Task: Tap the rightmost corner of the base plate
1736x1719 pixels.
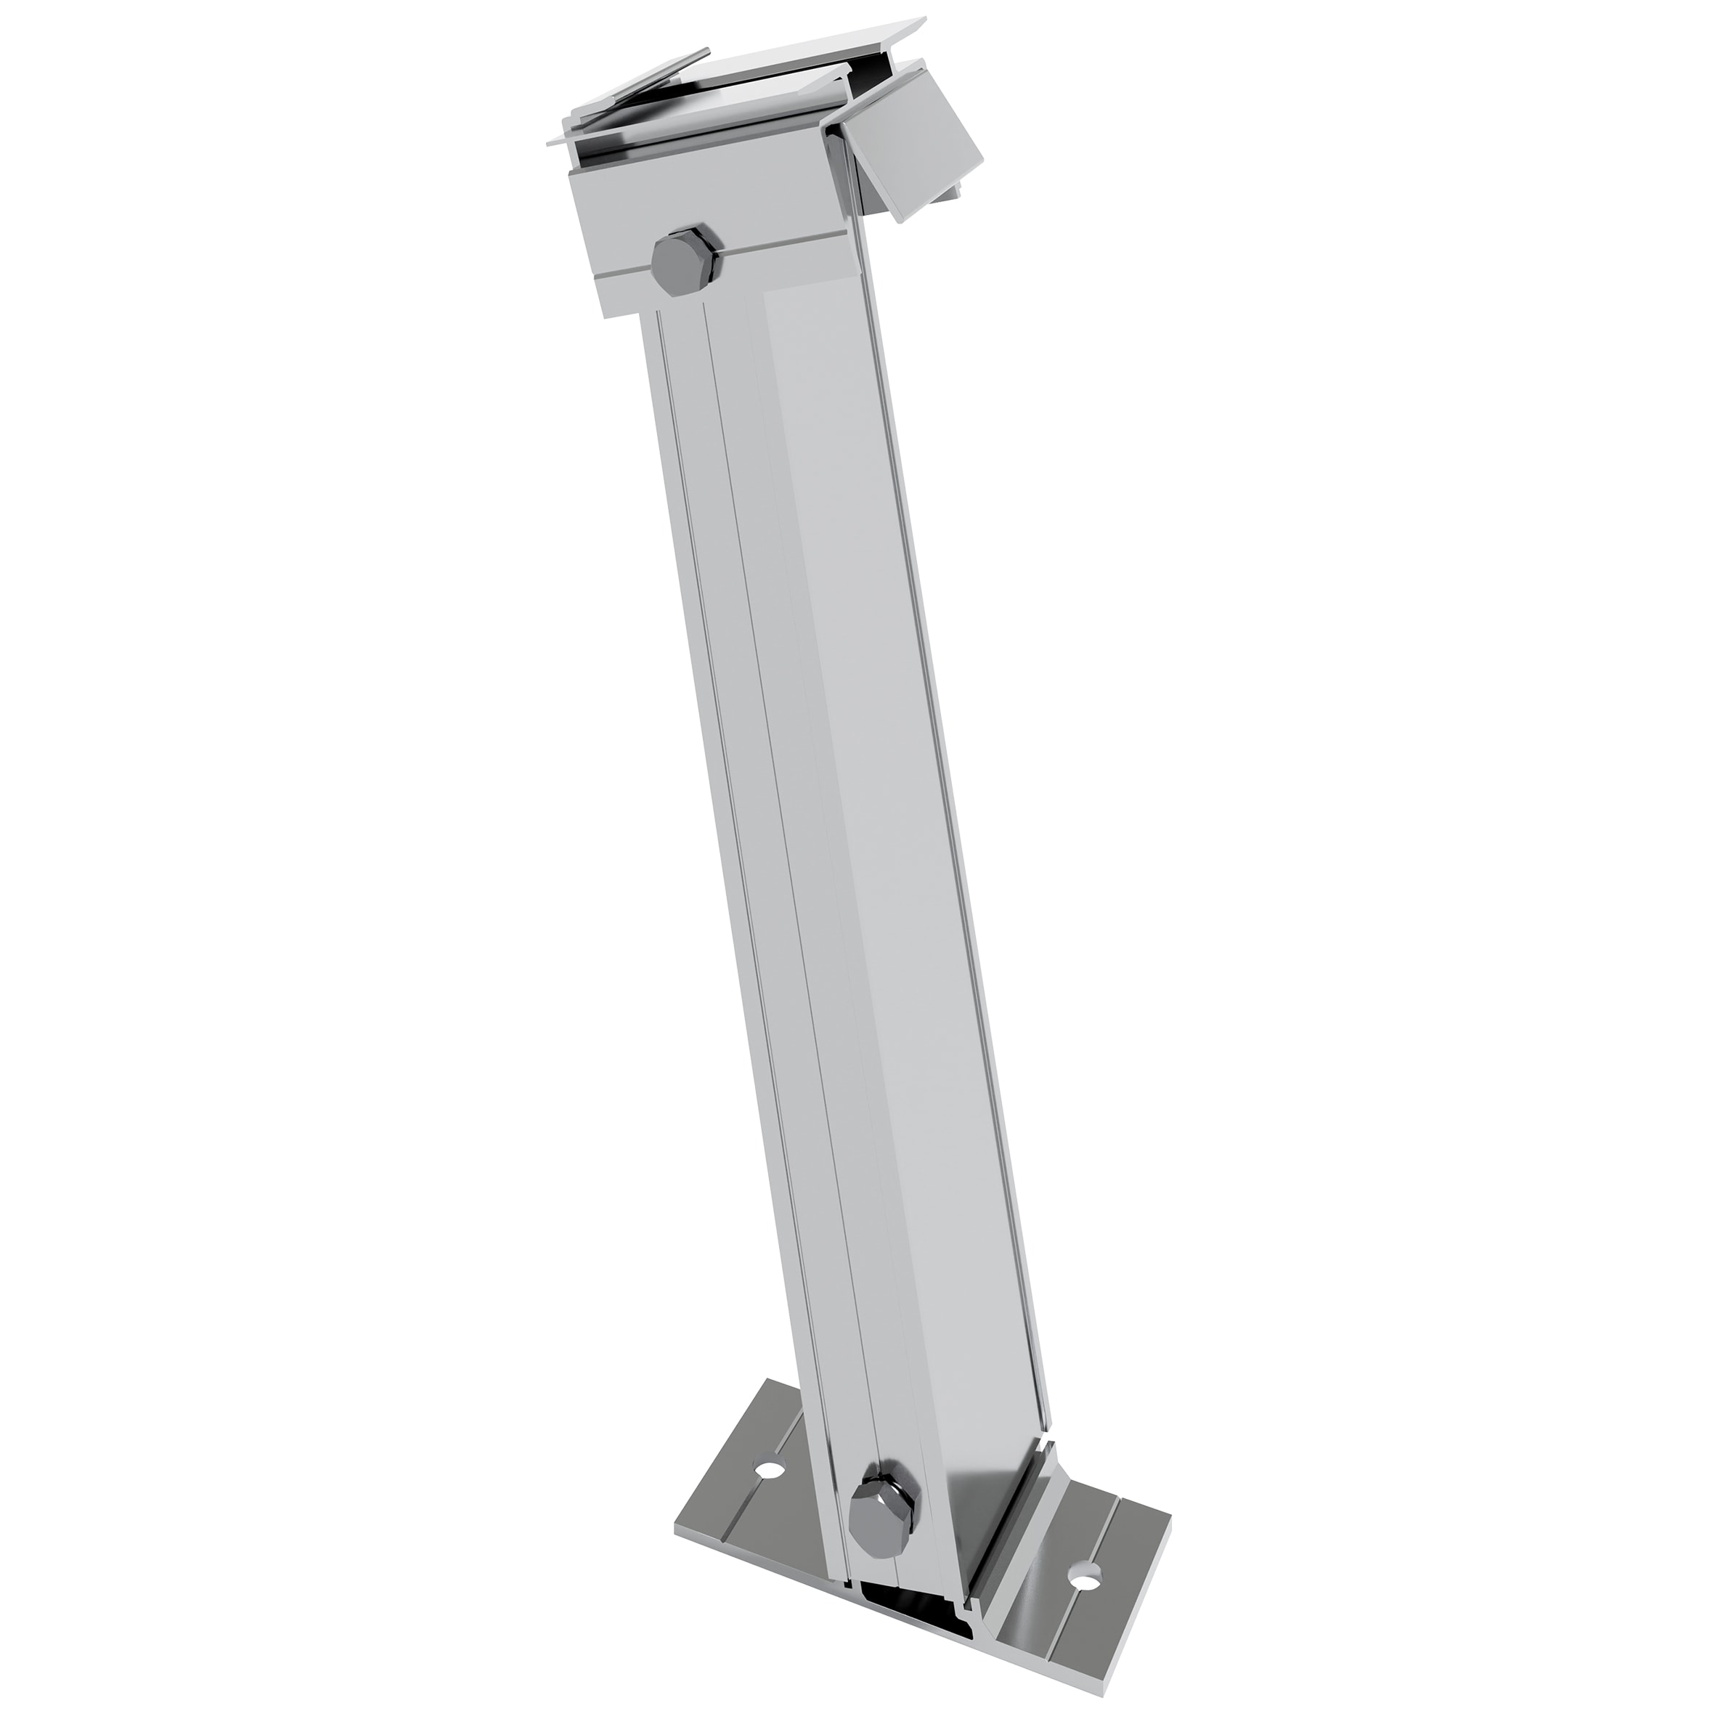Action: pyautogui.click(x=1172, y=1593)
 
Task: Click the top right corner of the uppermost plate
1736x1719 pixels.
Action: pyautogui.click(x=926, y=18)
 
